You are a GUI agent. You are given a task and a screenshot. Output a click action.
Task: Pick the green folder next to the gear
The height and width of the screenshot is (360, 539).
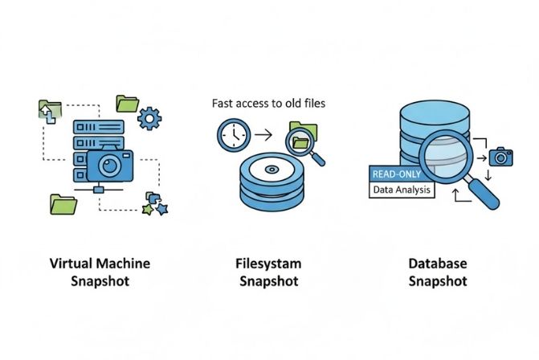click(127, 103)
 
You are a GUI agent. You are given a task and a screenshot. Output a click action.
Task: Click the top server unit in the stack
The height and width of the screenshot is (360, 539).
click(96, 127)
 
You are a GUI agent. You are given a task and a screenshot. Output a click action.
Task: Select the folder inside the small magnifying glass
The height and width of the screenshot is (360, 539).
click(302, 143)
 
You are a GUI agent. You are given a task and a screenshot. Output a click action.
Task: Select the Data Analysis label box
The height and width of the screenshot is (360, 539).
click(402, 190)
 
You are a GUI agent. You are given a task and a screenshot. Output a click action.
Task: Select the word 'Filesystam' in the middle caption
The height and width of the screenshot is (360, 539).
click(269, 264)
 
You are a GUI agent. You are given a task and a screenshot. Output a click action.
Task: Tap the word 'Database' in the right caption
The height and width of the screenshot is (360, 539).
click(438, 264)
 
